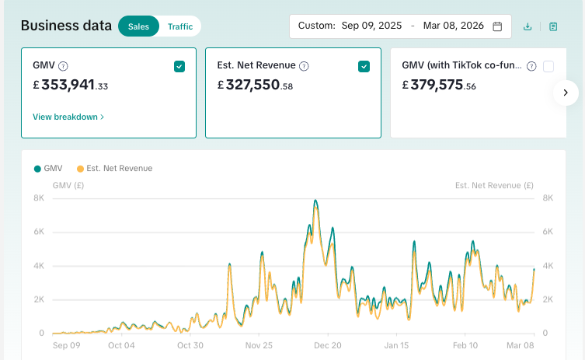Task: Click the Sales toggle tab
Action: tap(138, 26)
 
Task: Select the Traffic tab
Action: tap(180, 26)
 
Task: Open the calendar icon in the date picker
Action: tap(497, 26)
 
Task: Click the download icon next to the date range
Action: tap(528, 26)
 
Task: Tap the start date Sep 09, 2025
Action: tap(371, 26)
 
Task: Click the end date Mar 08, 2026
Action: tap(454, 26)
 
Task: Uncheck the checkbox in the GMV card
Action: tap(179, 67)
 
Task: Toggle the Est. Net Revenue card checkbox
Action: tap(364, 67)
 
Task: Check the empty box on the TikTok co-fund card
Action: tap(548, 67)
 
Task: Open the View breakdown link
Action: tap(68, 117)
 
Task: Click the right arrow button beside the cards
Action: tap(566, 93)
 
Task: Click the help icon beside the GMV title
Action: tap(63, 67)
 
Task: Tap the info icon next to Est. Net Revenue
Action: tap(305, 67)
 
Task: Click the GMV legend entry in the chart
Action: tap(48, 168)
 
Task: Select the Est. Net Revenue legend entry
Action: tap(115, 168)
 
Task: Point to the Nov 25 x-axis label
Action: tap(259, 345)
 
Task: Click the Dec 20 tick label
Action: tap(327, 345)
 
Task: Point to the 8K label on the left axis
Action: tap(37, 198)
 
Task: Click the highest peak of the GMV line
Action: tap(315, 201)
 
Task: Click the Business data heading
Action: tap(66, 26)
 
